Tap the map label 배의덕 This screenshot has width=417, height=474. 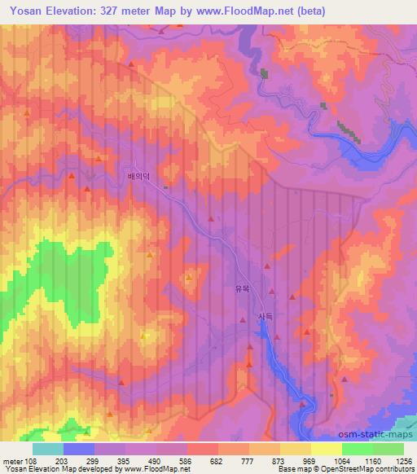tap(140, 175)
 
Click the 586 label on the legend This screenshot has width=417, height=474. tap(187, 460)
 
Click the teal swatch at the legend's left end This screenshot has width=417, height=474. tap(48, 449)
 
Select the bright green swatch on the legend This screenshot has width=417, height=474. tap(358, 449)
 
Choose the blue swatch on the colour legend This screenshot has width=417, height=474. tap(79, 449)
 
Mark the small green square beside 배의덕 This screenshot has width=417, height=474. tap(166, 187)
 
